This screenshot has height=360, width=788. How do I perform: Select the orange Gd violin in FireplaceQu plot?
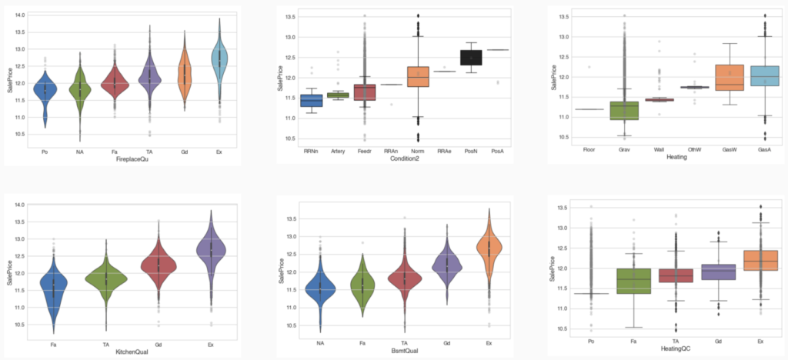pyautogui.click(x=185, y=77)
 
